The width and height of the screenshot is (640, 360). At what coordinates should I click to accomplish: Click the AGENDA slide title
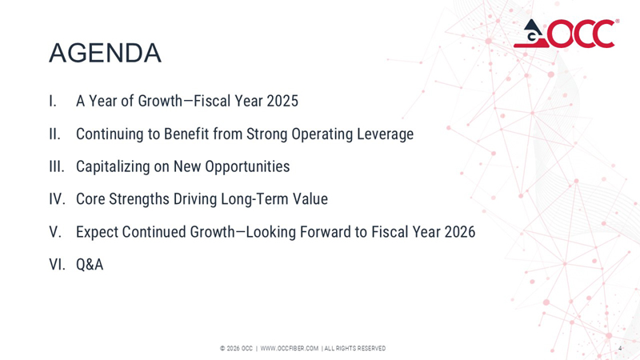point(105,53)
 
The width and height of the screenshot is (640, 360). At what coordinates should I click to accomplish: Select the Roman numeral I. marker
point(52,102)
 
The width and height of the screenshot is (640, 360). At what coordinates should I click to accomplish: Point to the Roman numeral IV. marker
point(56,199)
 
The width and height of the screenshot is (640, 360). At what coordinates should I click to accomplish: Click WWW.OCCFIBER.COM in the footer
point(290,348)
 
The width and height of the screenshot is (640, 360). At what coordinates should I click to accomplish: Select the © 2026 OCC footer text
point(236,348)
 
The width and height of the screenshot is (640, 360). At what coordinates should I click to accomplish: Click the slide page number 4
point(619,348)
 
